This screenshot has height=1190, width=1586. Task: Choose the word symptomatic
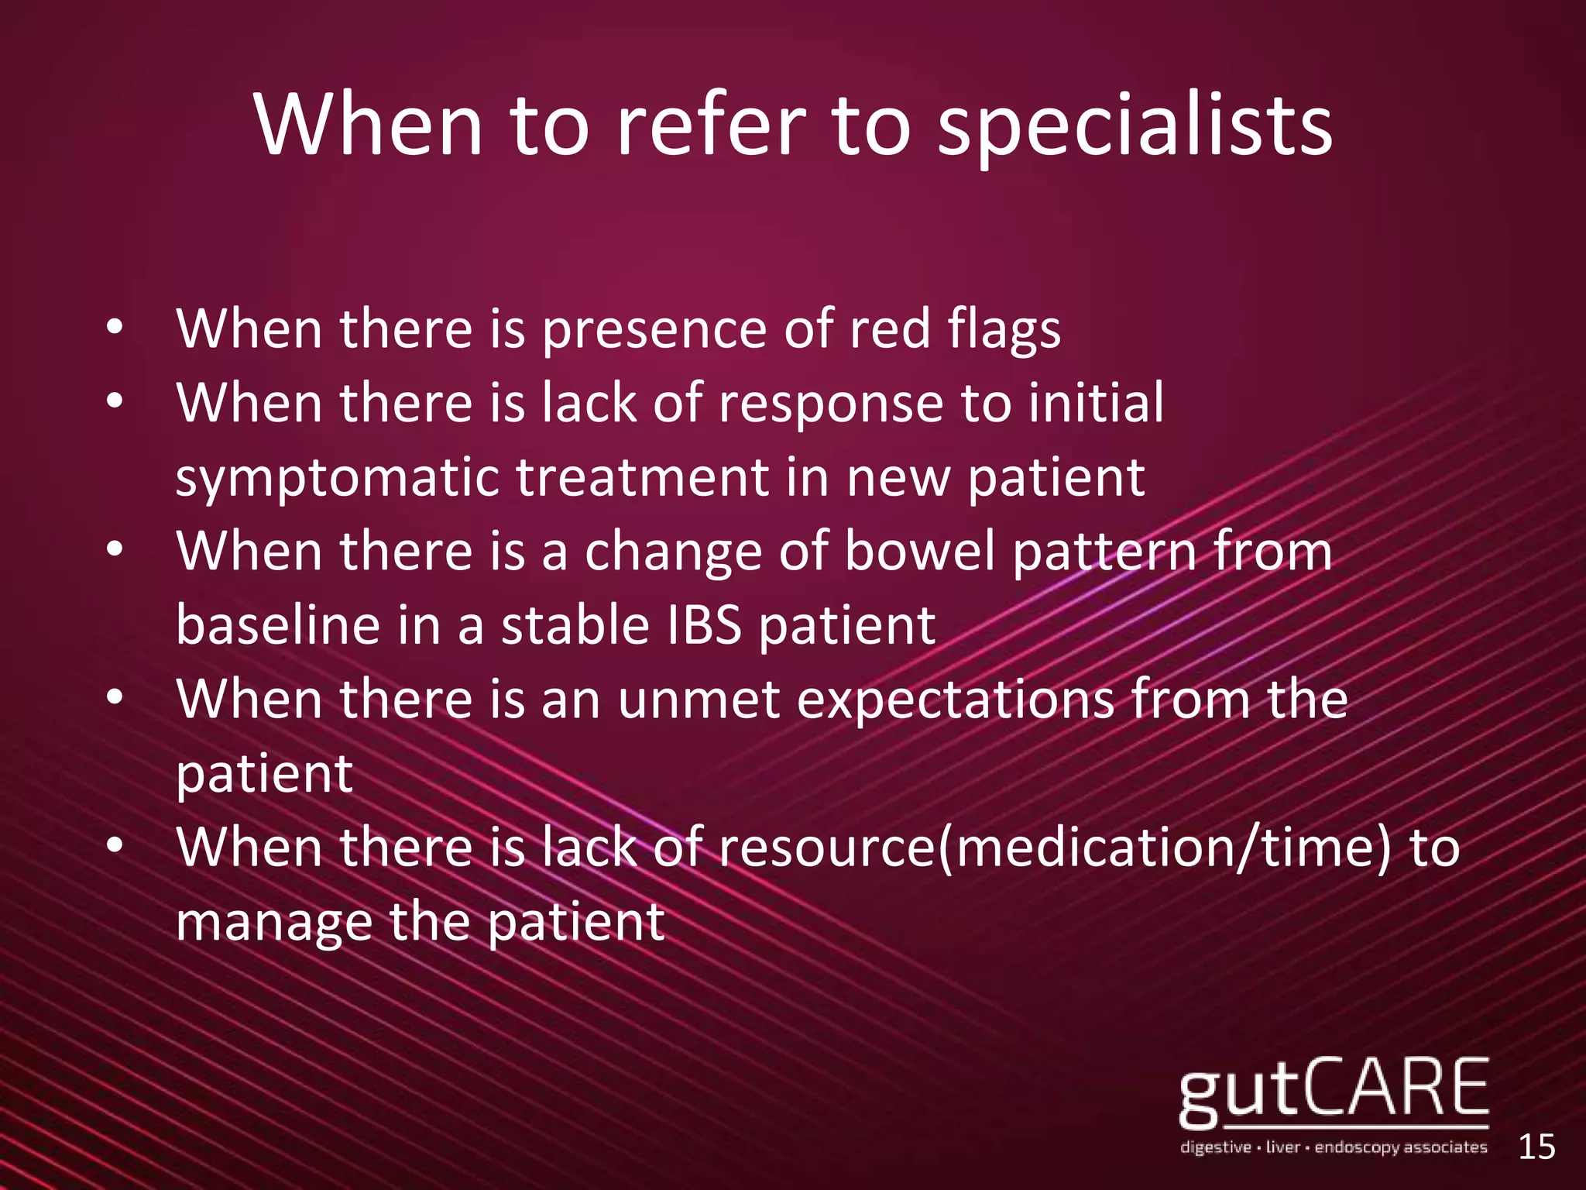(x=336, y=479)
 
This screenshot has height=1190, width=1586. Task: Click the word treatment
(x=642, y=477)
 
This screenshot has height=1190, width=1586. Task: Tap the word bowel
(x=919, y=552)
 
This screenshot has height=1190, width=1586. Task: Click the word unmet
(x=699, y=699)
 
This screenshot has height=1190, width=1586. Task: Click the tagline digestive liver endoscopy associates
(x=1333, y=1147)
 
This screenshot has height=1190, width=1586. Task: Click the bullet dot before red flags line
(x=115, y=328)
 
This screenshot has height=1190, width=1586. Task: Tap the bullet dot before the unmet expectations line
(x=115, y=698)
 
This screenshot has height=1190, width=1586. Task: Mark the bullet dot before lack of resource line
(x=115, y=846)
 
